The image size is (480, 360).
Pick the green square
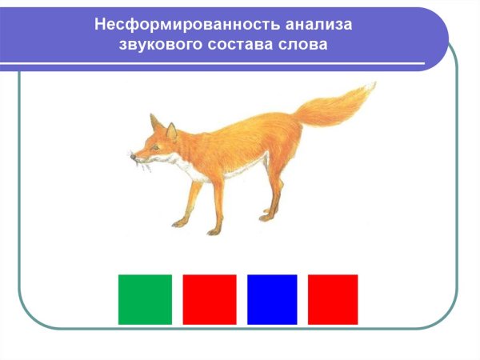(145, 299)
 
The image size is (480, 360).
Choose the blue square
(272, 299)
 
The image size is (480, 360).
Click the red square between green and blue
(210, 299)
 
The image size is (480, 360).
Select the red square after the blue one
(333, 299)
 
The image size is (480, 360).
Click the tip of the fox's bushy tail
(370, 88)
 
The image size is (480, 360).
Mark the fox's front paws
(180, 222)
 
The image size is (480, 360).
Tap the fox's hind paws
(266, 216)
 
